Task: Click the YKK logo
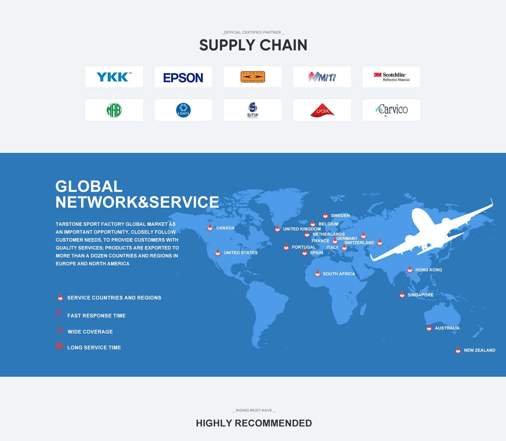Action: pos(114,77)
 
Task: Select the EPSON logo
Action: pos(183,77)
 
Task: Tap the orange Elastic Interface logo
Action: pos(252,77)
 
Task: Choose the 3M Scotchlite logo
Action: pos(391,77)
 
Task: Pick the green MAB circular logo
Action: pos(114,110)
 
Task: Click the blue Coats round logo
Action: pos(183,110)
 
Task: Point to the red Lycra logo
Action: pos(322,110)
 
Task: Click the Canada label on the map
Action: pos(225,228)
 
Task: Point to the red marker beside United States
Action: pos(218,253)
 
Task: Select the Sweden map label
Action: pos(340,216)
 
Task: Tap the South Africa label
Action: pos(339,274)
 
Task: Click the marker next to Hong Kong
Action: pos(410,269)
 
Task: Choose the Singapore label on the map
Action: pos(420,295)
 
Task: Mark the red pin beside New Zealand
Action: pos(458,350)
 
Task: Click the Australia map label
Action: pos(447,328)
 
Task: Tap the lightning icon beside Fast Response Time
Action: pos(59,313)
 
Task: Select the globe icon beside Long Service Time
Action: pos(59,346)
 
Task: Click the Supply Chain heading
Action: pos(253,45)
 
